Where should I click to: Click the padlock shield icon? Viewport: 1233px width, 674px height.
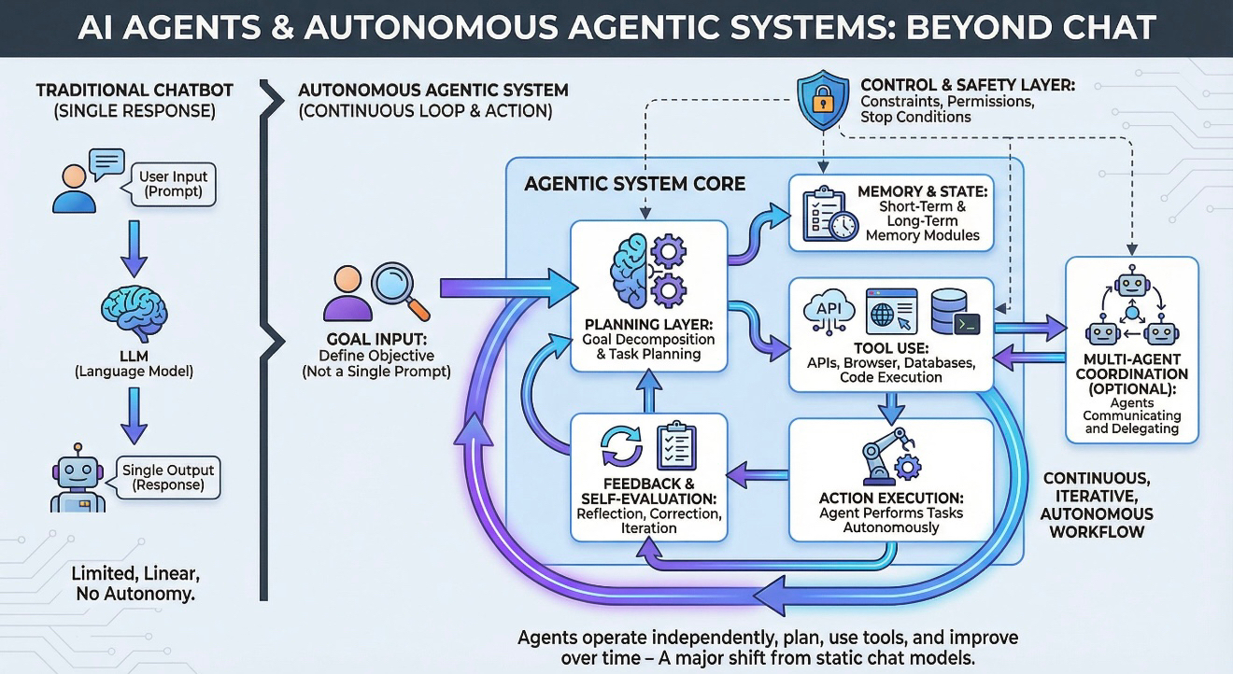pyautogui.click(x=823, y=100)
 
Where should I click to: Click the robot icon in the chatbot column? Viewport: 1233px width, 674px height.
pyautogui.click(x=78, y=478)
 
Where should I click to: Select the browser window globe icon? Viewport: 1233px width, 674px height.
pyautogui.click(x=891, y=312)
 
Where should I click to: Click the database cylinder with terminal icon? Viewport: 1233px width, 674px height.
pyautogui.click(x=955, y=312)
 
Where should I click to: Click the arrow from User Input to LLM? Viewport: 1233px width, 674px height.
pyautogui.click(x=134, y=248)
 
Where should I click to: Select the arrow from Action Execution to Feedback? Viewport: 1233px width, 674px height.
pyautogui.click(x=758, y=474)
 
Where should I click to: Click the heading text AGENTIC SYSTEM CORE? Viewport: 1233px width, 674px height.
pyautogui.click(x=634, y=184)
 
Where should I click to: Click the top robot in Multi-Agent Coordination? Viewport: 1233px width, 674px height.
pyautogui.click(x=1132, y=283)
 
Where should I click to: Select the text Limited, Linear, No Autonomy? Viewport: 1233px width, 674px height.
pyautogui.click(x=135, y=583)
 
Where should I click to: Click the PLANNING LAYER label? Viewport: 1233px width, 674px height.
pyautogui.click(x=648, y=324)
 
